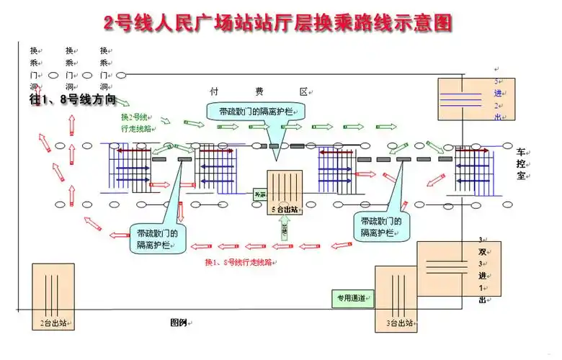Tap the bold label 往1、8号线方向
click(x=72, y=100)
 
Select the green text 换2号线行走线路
click(x=136, y=122)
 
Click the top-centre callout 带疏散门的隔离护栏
click(x=257, y=111)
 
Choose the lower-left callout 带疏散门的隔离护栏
click(x=158, y=239)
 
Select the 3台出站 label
click(x=399, y=324)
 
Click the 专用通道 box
click(x=352, y=298)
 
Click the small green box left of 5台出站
click(x=259, y=194)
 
